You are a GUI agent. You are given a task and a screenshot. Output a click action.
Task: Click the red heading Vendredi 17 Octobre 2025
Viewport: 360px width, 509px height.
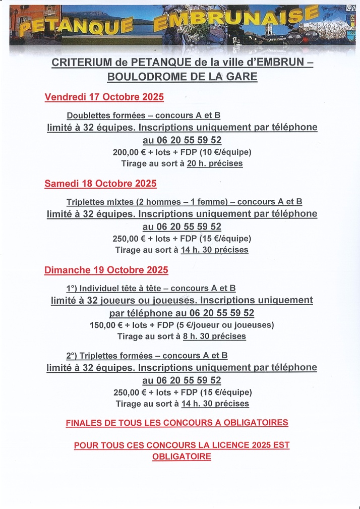104,97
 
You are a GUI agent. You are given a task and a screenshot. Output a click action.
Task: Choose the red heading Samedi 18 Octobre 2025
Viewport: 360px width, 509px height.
100,184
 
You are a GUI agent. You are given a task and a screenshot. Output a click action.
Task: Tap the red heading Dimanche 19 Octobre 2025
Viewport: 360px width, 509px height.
106,270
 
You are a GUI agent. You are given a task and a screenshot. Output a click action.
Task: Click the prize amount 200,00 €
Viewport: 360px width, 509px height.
129,152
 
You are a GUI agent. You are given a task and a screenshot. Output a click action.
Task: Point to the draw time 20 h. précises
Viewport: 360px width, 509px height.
215,163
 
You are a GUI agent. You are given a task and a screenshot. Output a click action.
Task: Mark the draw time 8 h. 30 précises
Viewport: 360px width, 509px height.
214,336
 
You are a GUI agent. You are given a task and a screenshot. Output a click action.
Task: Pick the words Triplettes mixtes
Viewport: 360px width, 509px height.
99,202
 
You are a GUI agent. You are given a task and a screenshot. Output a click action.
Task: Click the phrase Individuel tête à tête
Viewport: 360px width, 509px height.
122,289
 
